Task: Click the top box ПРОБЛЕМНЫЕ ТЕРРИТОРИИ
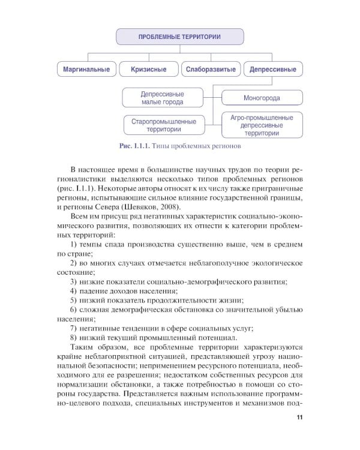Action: point(179,37)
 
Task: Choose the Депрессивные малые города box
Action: point(162,98)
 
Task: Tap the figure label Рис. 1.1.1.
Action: point(133,146)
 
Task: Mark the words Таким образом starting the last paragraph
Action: point(95,349)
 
